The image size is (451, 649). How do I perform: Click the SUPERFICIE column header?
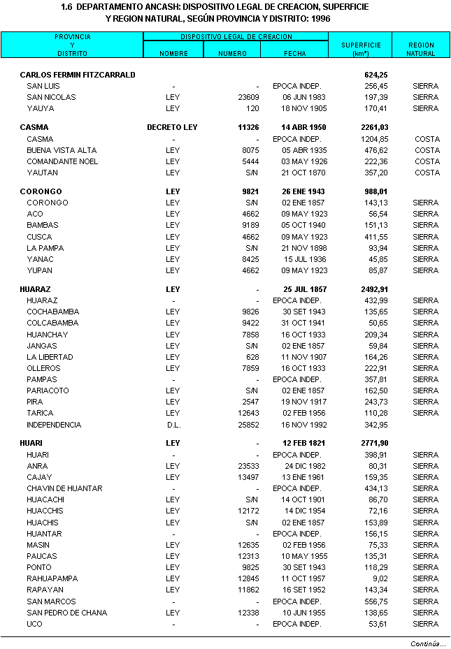[360, 49]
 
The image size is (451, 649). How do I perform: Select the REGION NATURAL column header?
[421, 49]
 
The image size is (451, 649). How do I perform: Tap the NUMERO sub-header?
[232, 53]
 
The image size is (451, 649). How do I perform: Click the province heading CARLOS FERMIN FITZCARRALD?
[78, 75]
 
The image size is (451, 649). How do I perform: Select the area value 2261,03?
[374, 128]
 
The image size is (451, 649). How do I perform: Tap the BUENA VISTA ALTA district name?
[62, 150]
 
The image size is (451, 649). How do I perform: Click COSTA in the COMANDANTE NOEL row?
[427, 161]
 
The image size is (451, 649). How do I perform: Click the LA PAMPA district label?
[45, 248]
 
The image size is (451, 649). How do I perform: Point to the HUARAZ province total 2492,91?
[374, 289]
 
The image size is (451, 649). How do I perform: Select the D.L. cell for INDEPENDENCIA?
[173, 425]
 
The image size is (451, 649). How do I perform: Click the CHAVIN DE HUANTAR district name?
[64, 488]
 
